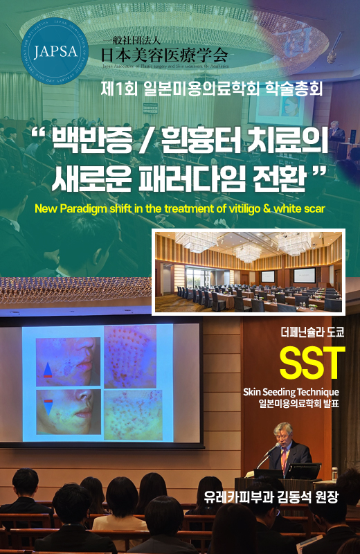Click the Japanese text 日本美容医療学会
point(163,53)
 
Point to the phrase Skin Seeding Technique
point(291,393)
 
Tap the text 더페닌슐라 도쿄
point(312,332)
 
